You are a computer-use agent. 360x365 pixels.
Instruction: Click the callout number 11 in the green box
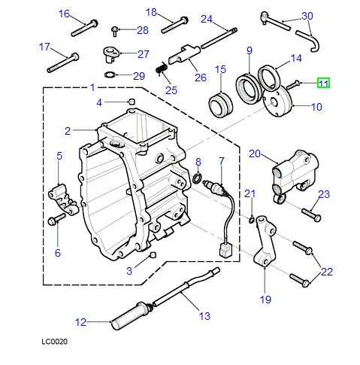click(x=322, y=84)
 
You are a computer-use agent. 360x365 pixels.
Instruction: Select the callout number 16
click(x=63, y=14)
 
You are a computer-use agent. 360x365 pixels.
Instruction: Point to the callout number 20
click(x=253, y=154)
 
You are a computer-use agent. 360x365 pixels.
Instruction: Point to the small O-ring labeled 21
click(x=250, y=219)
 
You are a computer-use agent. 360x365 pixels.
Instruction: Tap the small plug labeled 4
click(x=132, y=102)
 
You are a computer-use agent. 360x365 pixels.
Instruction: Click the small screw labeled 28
click(x=116, y=30)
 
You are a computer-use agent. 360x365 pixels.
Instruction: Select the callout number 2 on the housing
click(x=67, y=130)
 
